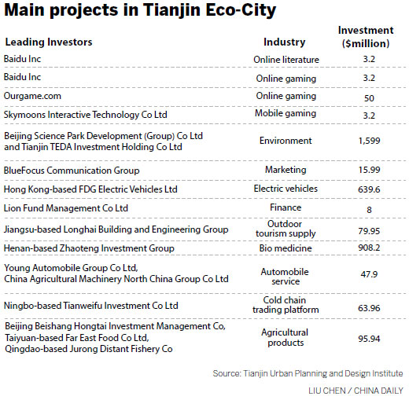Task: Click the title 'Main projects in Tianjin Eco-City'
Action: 140,12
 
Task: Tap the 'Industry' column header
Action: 284,42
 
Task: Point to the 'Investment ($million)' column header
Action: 365,36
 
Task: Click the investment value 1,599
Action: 366,141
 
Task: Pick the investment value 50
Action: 366,96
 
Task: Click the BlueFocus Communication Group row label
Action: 72,170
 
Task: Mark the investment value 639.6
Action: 366,189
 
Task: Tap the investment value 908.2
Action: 366,248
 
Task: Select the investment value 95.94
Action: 366,338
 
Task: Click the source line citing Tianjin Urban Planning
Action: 308,373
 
